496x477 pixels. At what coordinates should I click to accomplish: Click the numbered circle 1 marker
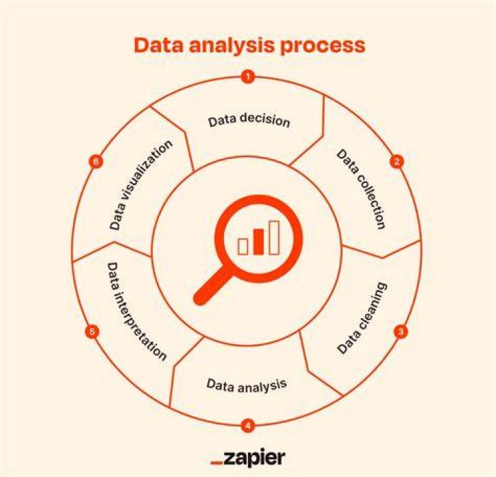click(x=248, y=76)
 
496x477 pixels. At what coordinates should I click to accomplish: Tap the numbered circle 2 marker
click(x=397, y=162)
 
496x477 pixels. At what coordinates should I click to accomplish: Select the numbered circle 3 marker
click(x=401, y=332)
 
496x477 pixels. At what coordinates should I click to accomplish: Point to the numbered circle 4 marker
click(x=248, y=425)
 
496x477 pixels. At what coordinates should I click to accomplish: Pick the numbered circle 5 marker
click(x=92, y=332)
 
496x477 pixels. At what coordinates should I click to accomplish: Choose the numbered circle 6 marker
click(x=96, y=162)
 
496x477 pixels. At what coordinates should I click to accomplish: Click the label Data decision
click(x=249, y=120)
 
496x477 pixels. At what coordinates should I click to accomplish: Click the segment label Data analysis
click(x=247, y=385)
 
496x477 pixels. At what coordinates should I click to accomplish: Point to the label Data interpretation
click(x=136, y=311)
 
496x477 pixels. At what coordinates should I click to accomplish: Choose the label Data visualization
click(x=141, y=185)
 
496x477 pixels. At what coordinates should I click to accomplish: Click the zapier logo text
click(x=254, y=458)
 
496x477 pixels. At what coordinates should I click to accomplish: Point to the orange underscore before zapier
click(x=217, y=463)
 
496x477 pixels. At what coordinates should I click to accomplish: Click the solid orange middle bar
click(x=258, y=242)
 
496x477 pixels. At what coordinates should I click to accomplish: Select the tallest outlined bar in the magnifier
click(x=274, y=237)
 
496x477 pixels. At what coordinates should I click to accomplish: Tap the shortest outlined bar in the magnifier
click(x=243, y=246)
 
